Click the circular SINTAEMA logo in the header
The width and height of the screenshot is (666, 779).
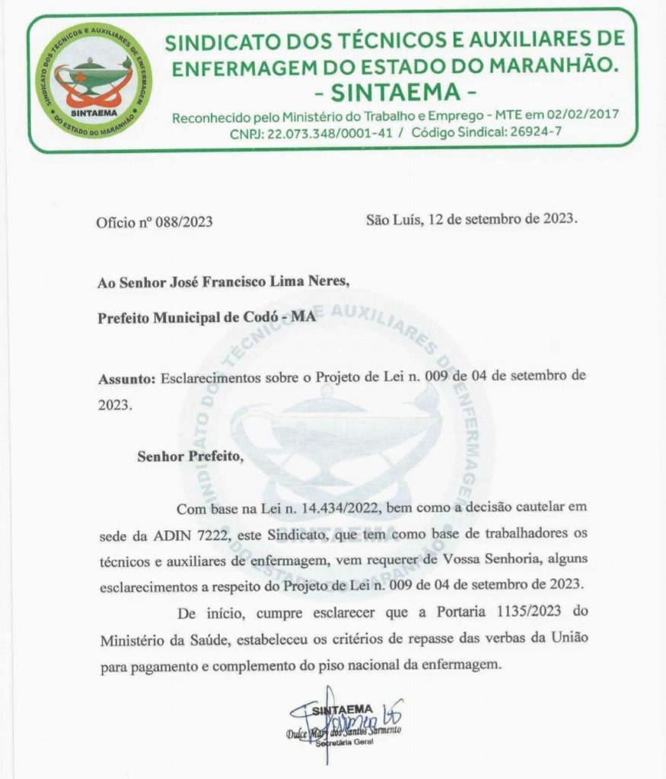97,81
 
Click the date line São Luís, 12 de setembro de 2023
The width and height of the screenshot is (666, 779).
471,221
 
